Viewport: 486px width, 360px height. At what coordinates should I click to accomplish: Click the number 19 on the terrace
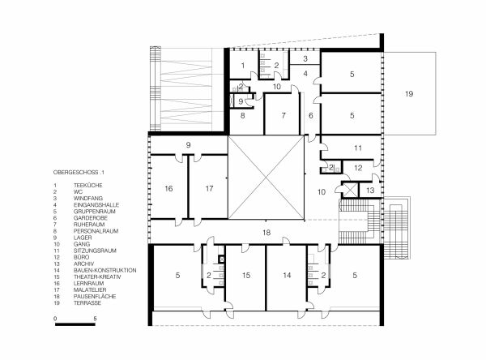(x=409, y=95)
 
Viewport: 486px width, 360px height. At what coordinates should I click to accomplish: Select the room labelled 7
(x=283, y=116)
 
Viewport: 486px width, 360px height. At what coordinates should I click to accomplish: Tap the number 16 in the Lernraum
(x=168, y=188)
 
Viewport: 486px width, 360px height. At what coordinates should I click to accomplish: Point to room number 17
(x=208, y=188)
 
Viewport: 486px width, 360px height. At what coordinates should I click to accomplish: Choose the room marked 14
(x=286, y=276)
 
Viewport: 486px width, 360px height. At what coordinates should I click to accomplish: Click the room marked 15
(x=245, y=276)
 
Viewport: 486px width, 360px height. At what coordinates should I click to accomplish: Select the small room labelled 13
(x=369, y=189)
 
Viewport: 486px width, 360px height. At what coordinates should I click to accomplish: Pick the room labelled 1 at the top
(x=241, y=65)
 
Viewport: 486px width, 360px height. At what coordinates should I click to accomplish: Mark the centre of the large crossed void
(x=266, y=178)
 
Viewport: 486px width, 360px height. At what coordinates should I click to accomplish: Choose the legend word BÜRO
(x=81, y=257)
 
